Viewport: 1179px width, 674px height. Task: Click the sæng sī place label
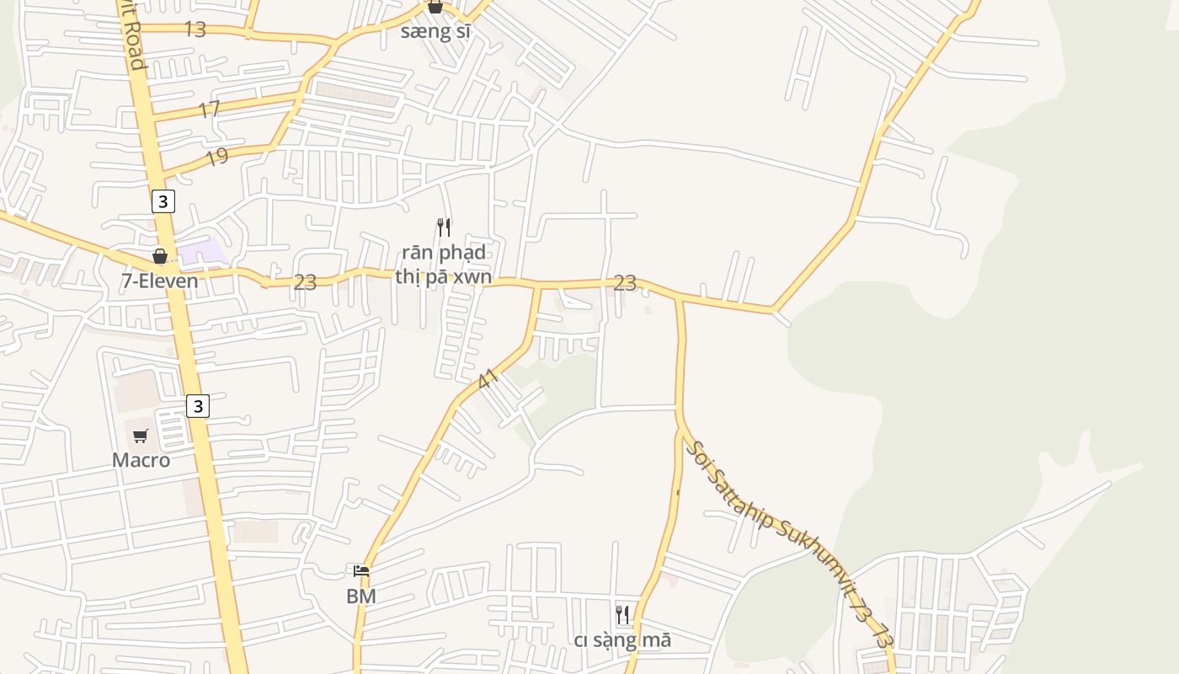click(x=435, y=32)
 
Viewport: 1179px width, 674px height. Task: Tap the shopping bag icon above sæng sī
click(x=435, y=7)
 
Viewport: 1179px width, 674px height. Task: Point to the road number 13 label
click(x=195, y=29)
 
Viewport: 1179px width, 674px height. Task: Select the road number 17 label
click(x=209, y=110)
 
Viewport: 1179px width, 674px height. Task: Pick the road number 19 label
click(x=216, y=157)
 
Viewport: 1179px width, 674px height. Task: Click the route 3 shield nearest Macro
click(x=197, y=406)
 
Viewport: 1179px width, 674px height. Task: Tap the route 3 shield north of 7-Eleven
click(x=163, y=201)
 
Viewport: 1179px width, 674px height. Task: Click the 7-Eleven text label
click(x=160, y=281)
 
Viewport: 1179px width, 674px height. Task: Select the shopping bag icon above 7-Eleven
click(x=160, y=256)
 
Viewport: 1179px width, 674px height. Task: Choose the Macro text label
click(x=141, y=460)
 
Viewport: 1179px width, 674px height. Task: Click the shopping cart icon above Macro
click(x=141, y=436)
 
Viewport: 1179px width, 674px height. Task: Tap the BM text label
click(x=360, y=596)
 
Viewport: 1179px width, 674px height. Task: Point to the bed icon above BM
click(x=361, y=571)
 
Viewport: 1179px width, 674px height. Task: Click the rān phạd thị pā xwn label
click(x=444, y=265)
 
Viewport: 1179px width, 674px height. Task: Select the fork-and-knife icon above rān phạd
click(x=444, y=227)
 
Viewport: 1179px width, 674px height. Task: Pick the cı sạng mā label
click(x=622, y=640)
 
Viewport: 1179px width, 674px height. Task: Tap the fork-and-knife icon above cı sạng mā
click(x=622, y=615)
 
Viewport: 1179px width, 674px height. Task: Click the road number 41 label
click(x=488, y=379)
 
